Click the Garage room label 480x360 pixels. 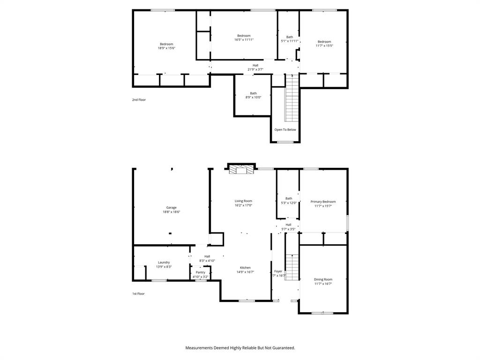click(171, 208)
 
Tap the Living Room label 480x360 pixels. click(243, 201)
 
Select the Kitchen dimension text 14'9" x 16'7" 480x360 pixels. click(245, 272)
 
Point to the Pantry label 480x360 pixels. click(200, 272)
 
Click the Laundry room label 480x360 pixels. click(164, 262)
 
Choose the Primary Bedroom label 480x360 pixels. click(323, 202)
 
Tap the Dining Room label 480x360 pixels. click(323, 279)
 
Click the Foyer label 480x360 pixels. click(278, 271)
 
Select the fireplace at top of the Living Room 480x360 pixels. click(240, 170)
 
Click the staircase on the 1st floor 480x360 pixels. click(292, 267)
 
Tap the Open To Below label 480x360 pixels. click(285, 130)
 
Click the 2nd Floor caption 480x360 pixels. click(139, 100)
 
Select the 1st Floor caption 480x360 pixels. click(138, 294)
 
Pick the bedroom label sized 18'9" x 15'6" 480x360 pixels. click(166, 44)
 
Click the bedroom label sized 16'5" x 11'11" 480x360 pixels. click(243, 36)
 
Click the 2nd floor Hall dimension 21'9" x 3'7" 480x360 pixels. click(255, 69)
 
